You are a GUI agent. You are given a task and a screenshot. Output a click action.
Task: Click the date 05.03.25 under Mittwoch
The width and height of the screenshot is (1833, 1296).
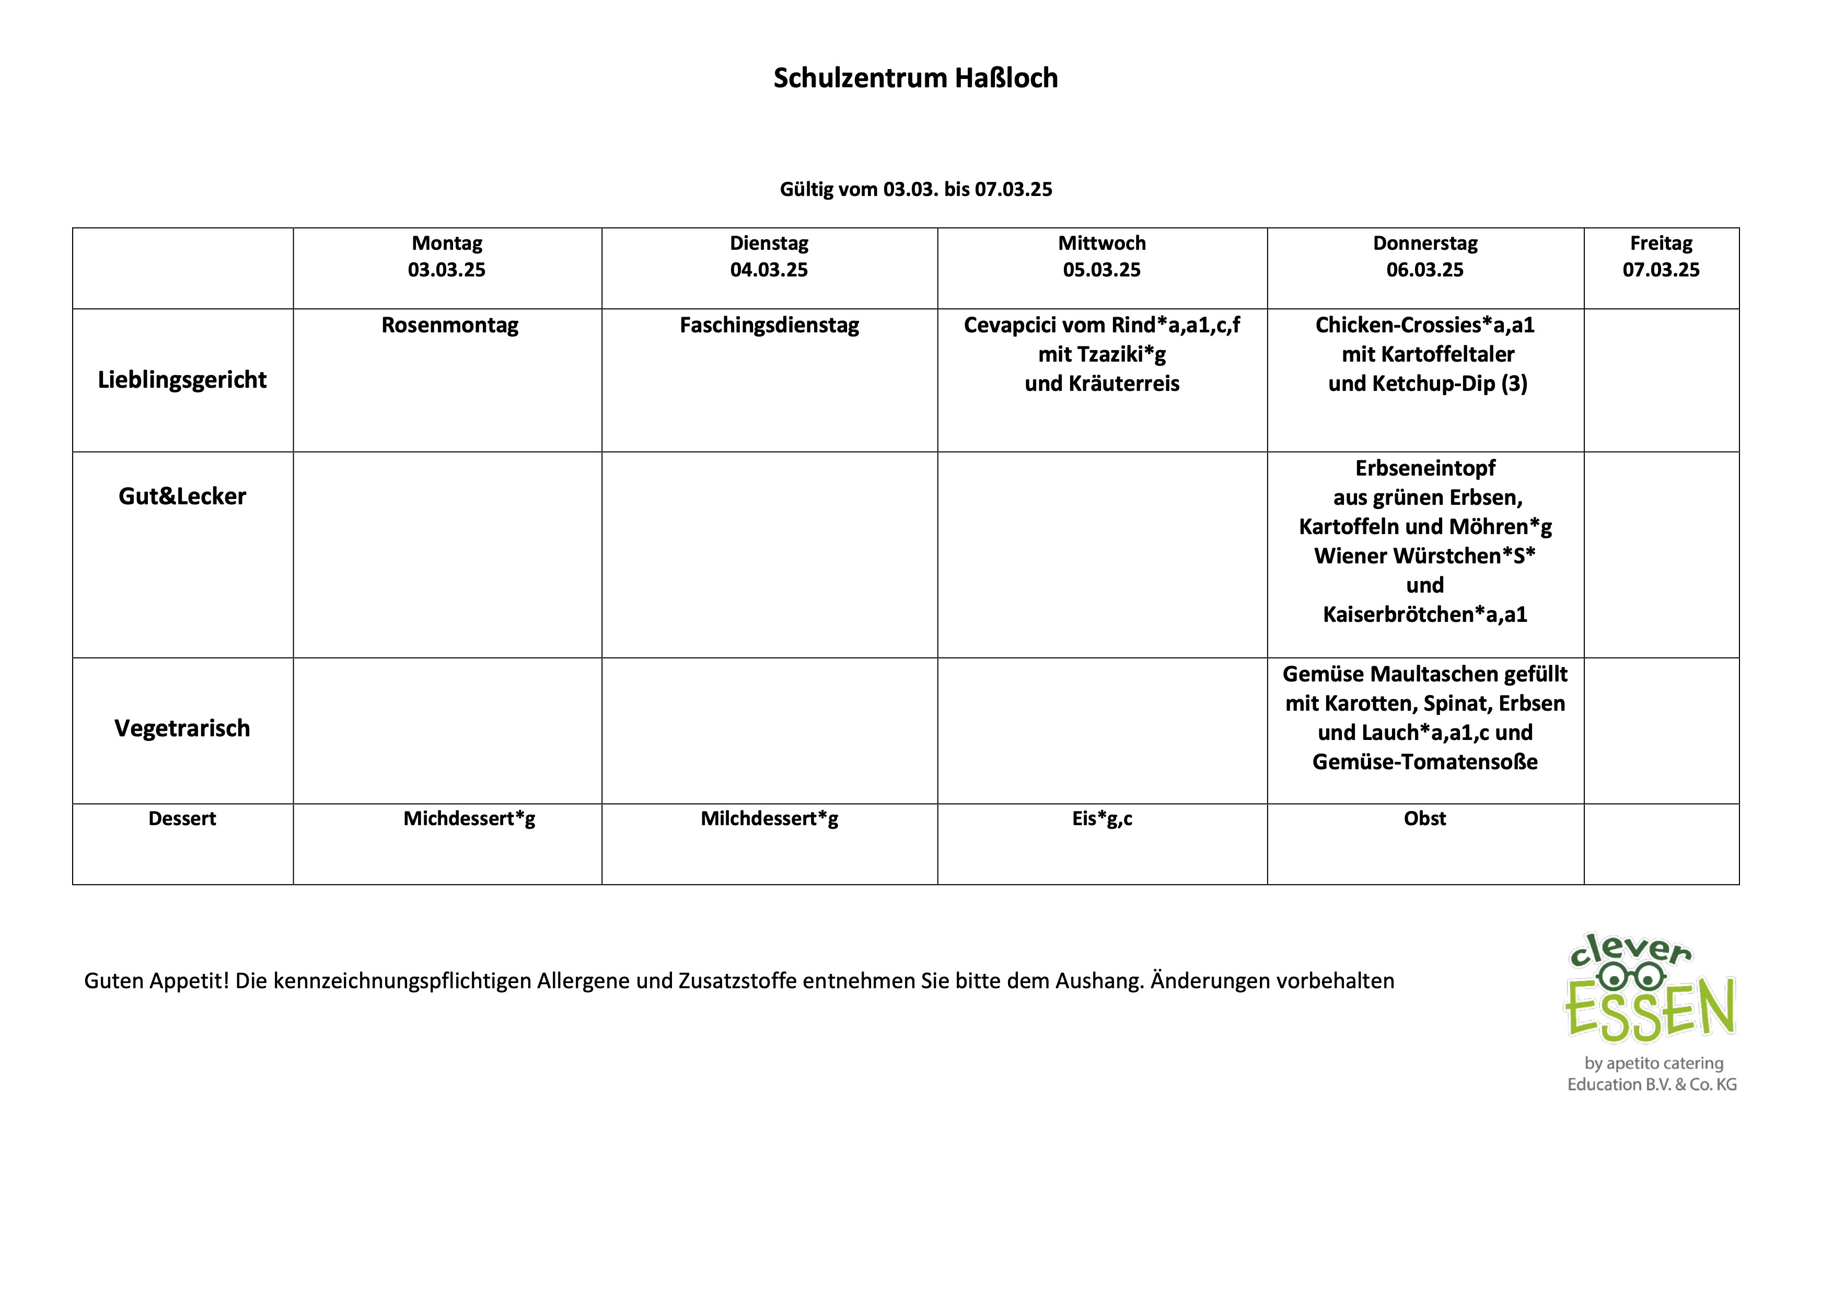pos(1101,270)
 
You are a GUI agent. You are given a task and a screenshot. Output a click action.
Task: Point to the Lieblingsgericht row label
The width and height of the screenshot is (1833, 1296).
pos(182,380)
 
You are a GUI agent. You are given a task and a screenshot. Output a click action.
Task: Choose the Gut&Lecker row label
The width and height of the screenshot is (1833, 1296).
pos(182,496)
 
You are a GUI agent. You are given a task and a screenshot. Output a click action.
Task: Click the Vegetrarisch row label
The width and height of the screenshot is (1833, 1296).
pos(182,728)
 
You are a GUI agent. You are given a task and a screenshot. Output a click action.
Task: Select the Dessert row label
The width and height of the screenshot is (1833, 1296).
pos(182,818)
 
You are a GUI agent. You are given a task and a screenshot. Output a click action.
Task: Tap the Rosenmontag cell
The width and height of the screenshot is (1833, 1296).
pos(449,326)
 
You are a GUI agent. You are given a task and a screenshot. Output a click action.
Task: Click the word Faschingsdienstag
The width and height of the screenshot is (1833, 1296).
pos(769,326)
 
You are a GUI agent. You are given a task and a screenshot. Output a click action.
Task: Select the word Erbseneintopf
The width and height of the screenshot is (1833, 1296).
pos(1424,468)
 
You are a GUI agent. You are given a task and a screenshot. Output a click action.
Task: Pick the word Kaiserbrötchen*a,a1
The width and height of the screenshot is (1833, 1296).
pos(1424,615)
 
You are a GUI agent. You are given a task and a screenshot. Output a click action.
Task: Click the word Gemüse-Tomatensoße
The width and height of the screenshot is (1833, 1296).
pos(1424,762)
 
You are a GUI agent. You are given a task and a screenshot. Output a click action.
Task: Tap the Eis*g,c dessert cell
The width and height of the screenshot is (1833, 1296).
pos(1101,818)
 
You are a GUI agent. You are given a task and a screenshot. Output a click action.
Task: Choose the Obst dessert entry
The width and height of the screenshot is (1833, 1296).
pos(1424,818)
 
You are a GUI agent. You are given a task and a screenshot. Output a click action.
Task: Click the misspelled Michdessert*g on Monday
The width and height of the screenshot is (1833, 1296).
pos(469,818)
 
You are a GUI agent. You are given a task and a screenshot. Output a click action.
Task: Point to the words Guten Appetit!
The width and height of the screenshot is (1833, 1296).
pos(156,980)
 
